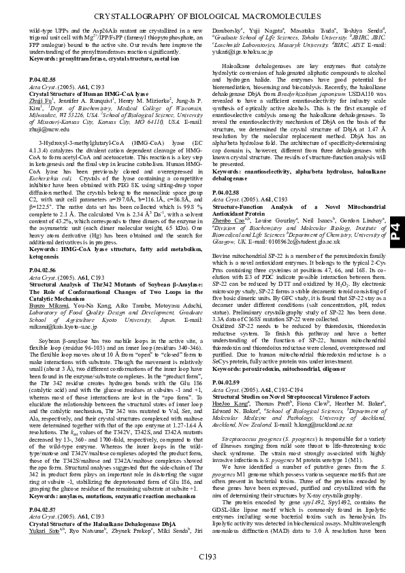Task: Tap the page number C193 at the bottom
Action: [x=208, y=557]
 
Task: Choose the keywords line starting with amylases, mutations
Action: [x=109, y=497]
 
